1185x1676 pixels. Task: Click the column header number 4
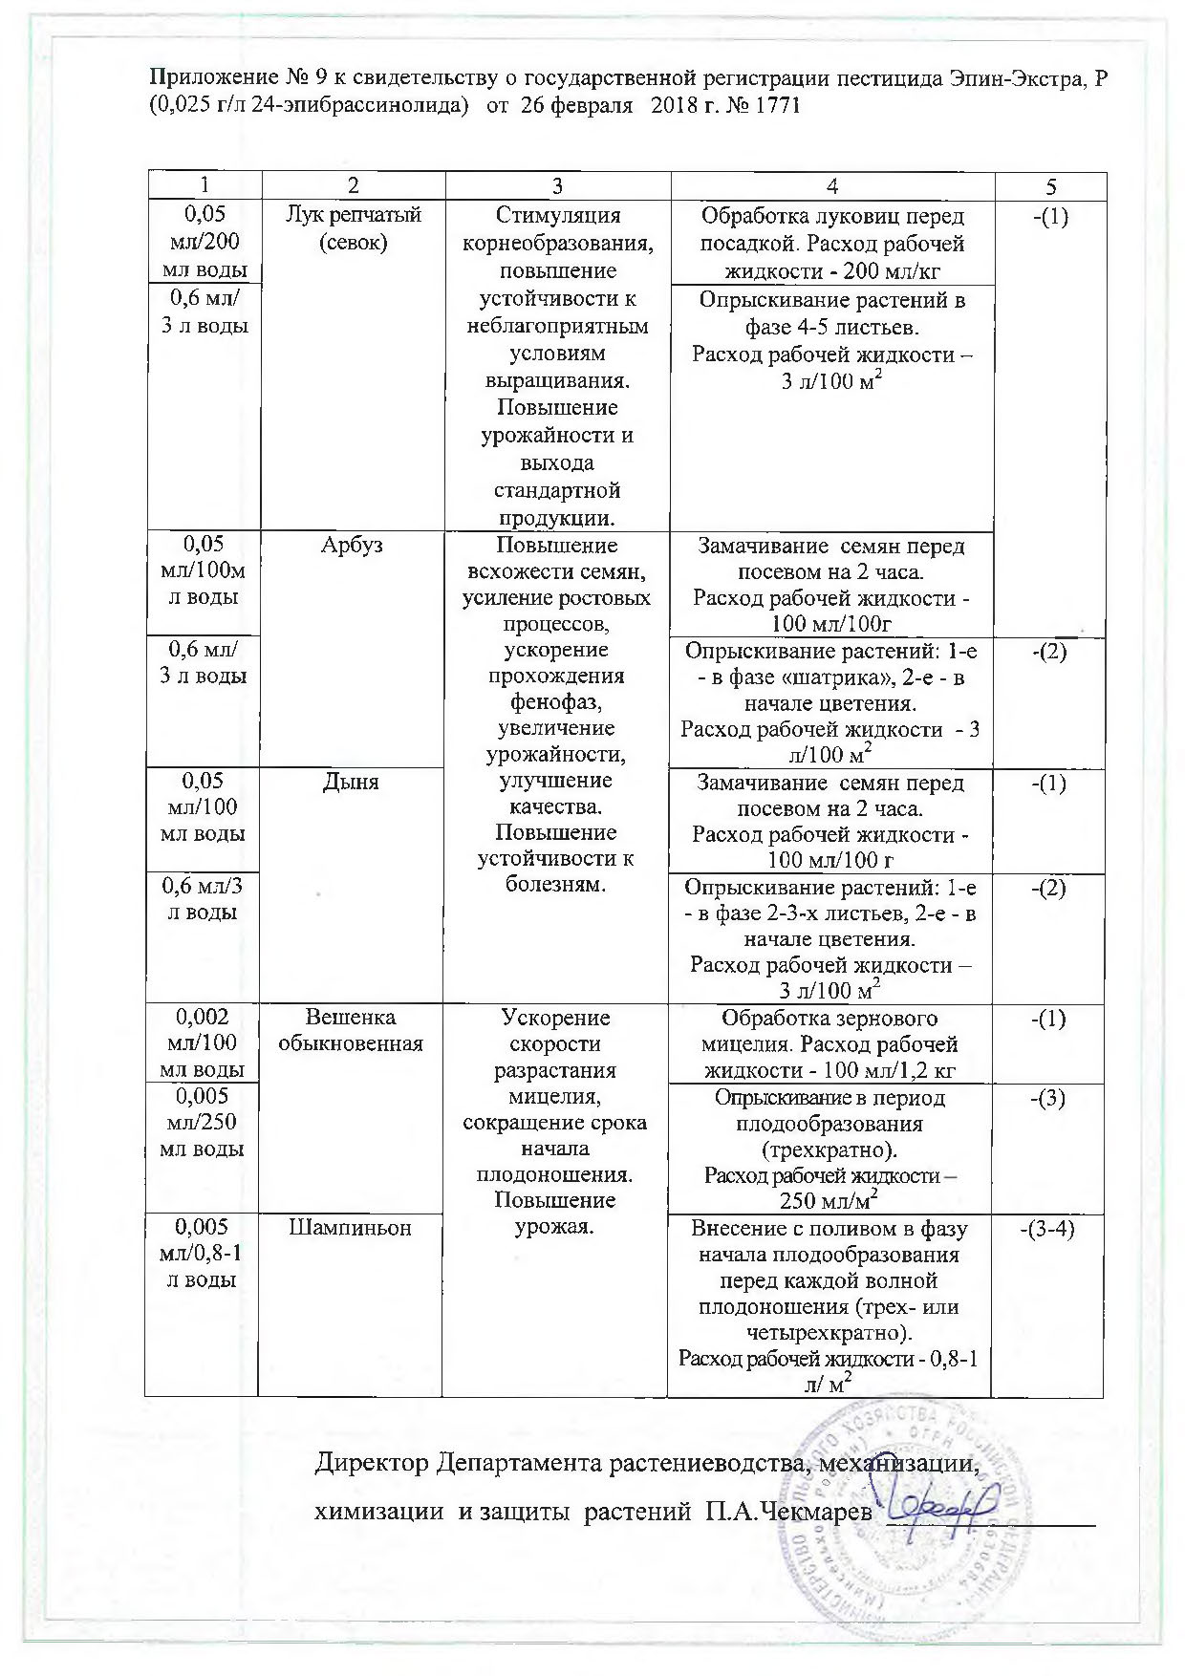point(832,187)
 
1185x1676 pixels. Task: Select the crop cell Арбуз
point(353,546)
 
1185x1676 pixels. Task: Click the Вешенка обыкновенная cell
point(351,1030)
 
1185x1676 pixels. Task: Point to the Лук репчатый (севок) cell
point(354,228)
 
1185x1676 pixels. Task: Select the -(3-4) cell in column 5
point(1047,1228)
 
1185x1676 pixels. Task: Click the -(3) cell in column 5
point(1048,1097)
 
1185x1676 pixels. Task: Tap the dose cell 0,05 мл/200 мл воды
point(202,242)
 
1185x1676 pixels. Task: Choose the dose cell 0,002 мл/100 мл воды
point(202,1043)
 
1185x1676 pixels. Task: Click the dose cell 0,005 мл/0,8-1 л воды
point(202,1253)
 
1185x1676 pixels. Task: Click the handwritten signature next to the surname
point(940,1511)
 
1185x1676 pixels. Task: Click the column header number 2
point(353,187)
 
